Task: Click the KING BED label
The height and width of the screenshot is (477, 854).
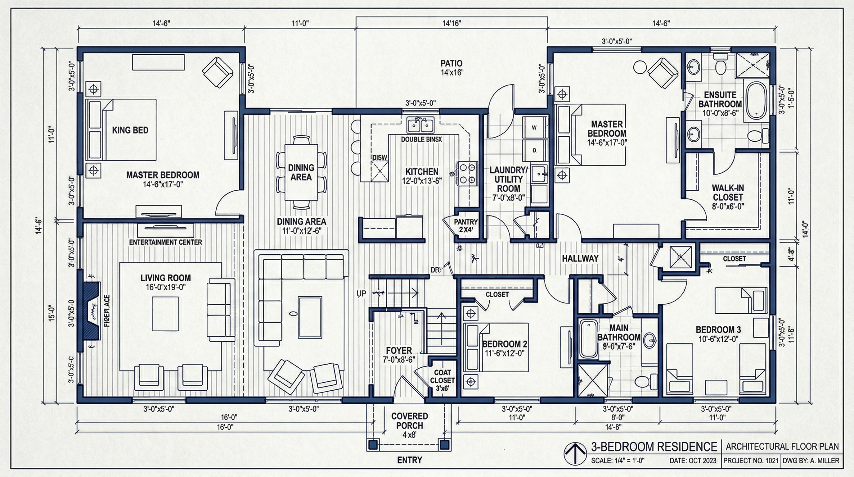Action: coord(130,130)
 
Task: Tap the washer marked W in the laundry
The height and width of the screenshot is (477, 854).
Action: coord(534,127)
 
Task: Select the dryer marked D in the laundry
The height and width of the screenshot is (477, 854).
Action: coord(534,150)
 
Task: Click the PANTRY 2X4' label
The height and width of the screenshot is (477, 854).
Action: coord(465,225)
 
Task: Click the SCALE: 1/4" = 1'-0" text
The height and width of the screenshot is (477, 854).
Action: coord(618,461)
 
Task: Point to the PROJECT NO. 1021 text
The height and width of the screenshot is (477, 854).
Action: coord(751,461)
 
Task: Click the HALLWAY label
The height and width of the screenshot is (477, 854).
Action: coord(580,258)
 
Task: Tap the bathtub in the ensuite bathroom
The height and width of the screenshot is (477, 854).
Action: coord(756,101)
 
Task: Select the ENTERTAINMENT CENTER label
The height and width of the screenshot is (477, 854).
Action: coord(165,242)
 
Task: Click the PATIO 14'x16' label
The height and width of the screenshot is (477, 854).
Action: coord(451,68)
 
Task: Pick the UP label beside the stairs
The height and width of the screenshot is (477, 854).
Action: coord(361,293)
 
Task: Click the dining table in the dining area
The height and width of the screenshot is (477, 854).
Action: coord(301,172)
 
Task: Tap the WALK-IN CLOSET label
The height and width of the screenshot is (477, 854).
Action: coord(728,197)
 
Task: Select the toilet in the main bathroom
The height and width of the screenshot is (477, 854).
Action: coord(645,381)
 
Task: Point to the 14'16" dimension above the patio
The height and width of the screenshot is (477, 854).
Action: coord(451,23)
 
